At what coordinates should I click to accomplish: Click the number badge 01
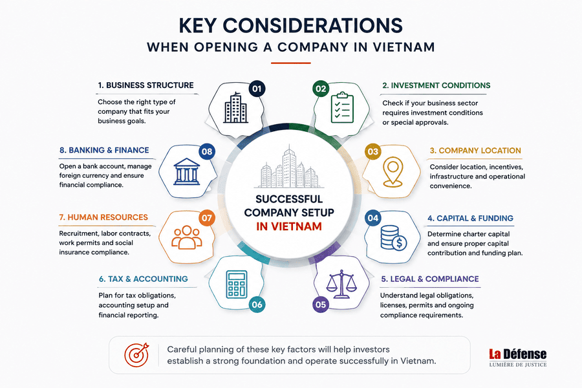pyautogui.click(x=257, y=89)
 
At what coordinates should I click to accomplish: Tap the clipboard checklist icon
pyautogui.click(x=342, y=108)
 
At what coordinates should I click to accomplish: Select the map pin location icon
pyautogui.click(x=393, y=171)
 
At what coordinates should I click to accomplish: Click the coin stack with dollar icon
pyautogui.click(x=394, y=238)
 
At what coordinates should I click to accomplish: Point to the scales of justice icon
pyautogui.click(x=341, y=285)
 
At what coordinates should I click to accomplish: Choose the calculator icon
pyautogui.click(x=237, y=285)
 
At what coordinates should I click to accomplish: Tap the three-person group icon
pyautogui.click(x=187, y=237)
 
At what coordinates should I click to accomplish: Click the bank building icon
pyautogui.click(x=187, y=171)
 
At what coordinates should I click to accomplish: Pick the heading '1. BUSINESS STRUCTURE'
pyautogui.click(x=146, y=85)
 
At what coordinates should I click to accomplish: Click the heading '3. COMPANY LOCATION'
pyautogui.click(x=475, y=151)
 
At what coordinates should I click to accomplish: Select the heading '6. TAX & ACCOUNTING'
pyautogui.click(x=144, y=279)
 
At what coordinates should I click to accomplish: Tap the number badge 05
pyautogui.click(x=321, y=305)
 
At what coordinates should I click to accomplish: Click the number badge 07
pyautogui.click(x=207, y=217)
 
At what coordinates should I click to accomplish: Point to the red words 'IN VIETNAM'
pyautogui.click(x=289, y=226)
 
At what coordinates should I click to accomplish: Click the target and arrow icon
pyautogui.click(x=137, y=354)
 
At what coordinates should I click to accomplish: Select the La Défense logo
pyautogui.click(x=518, y=358)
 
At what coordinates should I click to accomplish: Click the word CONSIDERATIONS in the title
pyautogui.click(x=312, y=26)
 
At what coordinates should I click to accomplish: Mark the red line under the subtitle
pyautogui.click(x=290, y=63)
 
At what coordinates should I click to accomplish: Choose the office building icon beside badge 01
pyautogui.click(x=235, y=107)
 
